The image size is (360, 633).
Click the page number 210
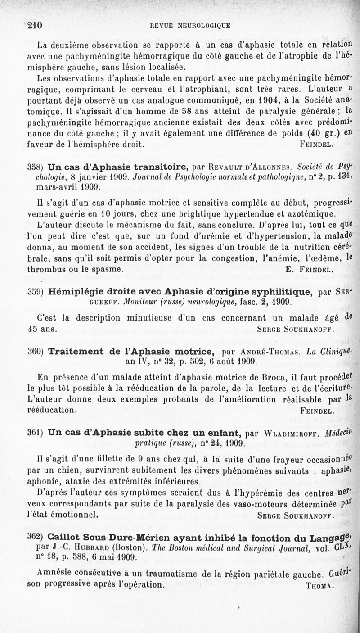point(35,26)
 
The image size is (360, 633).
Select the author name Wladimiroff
point(291,434)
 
